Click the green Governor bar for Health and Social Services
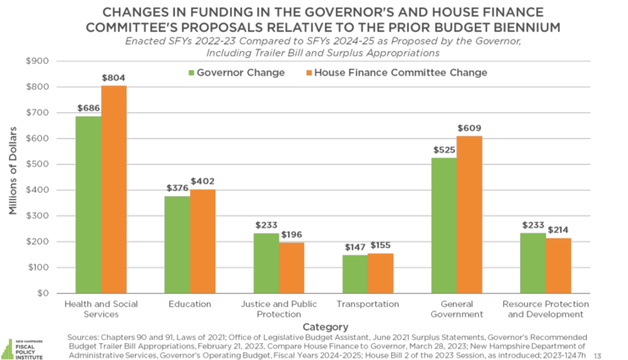pos(89,204)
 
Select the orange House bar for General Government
pos(469,214)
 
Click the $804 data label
pos(115,78)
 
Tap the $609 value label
pos(470,129)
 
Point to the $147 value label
pos(355,248)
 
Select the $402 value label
pos(203,182)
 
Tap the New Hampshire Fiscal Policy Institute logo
pos(23,343)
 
